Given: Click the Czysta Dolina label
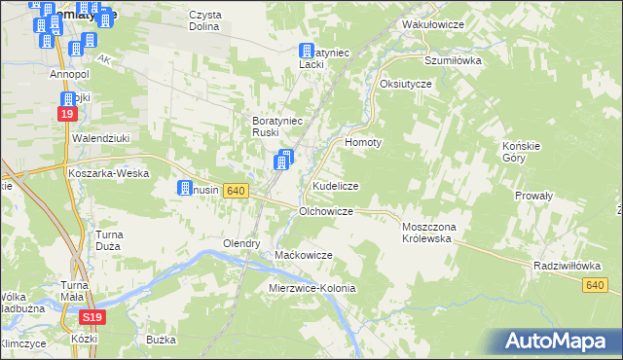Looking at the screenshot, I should coord(204,20).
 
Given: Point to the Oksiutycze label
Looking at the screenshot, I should coord(406,84).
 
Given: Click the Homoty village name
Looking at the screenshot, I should coord(363,142).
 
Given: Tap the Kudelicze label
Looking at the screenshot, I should coord(336,185).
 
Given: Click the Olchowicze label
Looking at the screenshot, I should coord(332,210).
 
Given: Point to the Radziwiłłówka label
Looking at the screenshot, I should coord(566,265).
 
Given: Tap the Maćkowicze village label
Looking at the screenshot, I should coord(304,255).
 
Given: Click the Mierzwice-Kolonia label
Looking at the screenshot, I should coord(312,289).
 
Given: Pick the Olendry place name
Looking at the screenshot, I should coord(241,243).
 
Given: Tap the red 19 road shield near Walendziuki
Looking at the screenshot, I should coord(66,114).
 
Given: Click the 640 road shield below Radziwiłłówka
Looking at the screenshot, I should coord(597,284).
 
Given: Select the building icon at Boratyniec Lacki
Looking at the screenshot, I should coord(306,52).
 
